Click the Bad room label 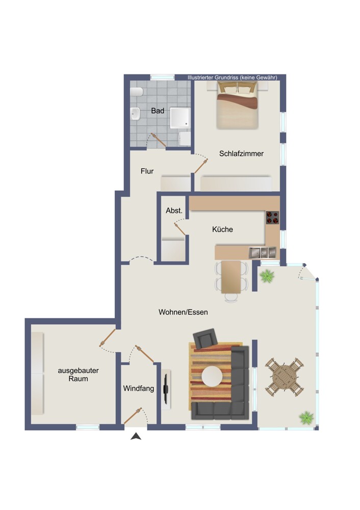click(158, 111)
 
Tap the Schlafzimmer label click(241, 154)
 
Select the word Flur click(147, 171)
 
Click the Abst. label click(174, 211)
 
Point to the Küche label click(222, 229)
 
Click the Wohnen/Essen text click(183, 312)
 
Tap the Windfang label click(139, 388)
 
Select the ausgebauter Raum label click(78, 374)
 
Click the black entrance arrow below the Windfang click(136, 436)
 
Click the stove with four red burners click(272, 218)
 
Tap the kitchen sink click(263, 253)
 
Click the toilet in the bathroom click(137, 92)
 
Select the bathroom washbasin click(135, 114)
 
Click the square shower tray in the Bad click(180, 117)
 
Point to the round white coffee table click(212, 377)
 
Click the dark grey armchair click(205, 339)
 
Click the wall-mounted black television click(166, 389)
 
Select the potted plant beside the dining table click(267, 276)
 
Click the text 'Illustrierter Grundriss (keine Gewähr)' click(233, 78)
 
